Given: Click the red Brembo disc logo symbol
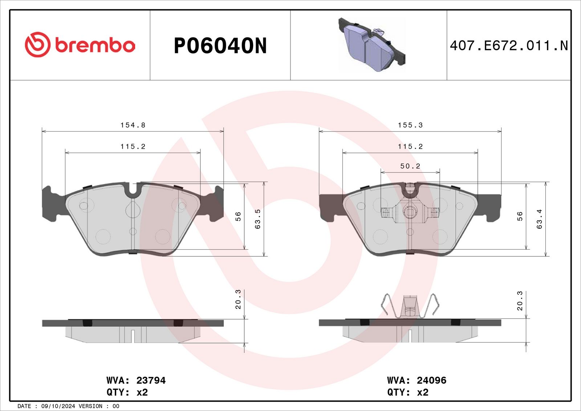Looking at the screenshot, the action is pos(38,45).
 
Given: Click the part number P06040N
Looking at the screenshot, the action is pos(220,46).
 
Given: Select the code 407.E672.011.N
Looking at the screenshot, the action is pos(509,46).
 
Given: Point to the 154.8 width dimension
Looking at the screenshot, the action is pos(133,125).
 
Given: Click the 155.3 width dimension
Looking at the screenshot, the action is pos(410,125).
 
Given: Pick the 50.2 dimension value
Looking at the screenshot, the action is pos(410,166).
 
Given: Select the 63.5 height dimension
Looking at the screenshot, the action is pos(257,219).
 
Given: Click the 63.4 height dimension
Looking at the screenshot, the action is pos(539,219).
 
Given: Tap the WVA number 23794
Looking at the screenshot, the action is pos(151,380).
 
